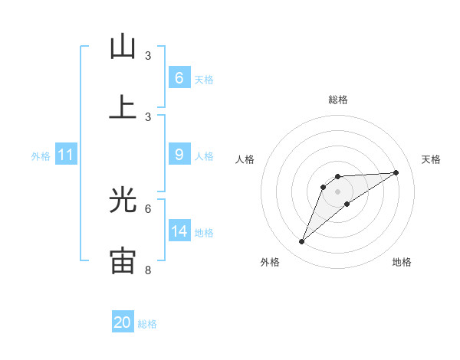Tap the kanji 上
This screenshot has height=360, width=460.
tap(123, 106)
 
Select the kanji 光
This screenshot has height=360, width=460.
tap(123, 200)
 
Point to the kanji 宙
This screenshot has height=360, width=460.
tap(123, 260)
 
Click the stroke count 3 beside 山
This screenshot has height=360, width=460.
tap(148, 56)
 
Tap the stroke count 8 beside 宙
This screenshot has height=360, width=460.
tap(148, 270)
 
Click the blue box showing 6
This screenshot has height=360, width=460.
tap(179, 78)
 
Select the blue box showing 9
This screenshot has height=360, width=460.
tap(179, 155)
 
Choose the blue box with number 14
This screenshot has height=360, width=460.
tap(179, 231)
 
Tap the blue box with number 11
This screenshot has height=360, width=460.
tap(66, 155)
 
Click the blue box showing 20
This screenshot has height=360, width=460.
tap(123, 322)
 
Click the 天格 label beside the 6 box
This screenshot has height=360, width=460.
tap(204, 79)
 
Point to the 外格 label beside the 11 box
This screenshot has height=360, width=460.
tap(41, 155)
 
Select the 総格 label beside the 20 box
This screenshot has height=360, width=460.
tap(147, 324)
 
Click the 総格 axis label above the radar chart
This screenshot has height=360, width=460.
tap(338, 100)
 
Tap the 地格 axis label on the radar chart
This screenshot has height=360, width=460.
tap(402, 262)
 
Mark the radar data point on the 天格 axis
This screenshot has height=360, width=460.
tap(396, 172)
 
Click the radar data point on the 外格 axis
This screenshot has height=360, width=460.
tap(302, 242)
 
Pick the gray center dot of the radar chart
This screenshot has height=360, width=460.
tap(338, 191)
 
